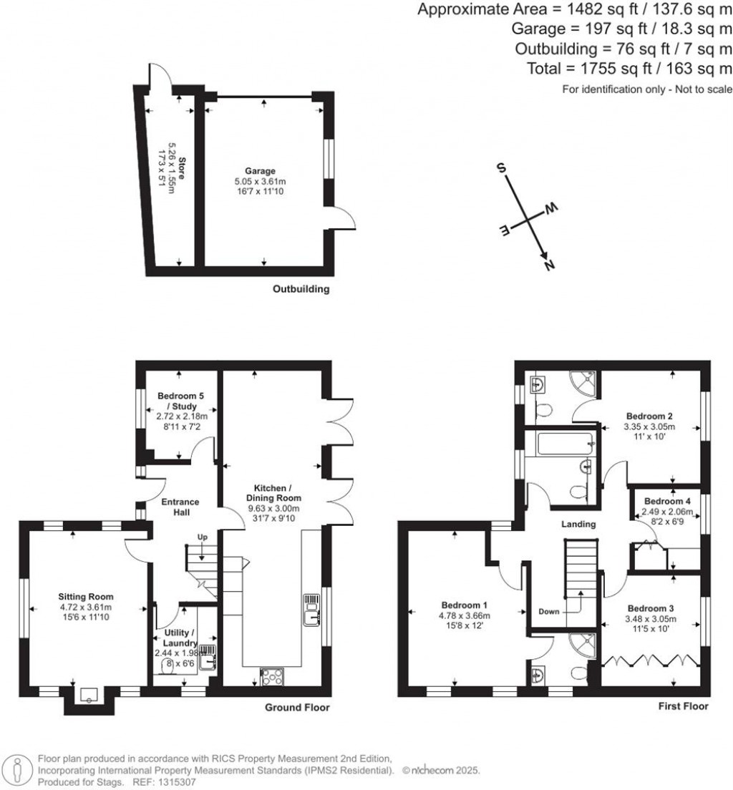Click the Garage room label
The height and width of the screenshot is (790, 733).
coord(261,171)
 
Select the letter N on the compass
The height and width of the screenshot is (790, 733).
coord(550,265)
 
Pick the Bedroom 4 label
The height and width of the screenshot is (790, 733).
coord(663,501)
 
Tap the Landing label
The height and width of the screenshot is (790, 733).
coord(578,525)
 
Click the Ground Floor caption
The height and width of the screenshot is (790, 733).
coord(297,708)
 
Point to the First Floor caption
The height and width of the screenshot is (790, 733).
coord(683,706)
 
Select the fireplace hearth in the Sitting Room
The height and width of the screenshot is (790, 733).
coord(89,695)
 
